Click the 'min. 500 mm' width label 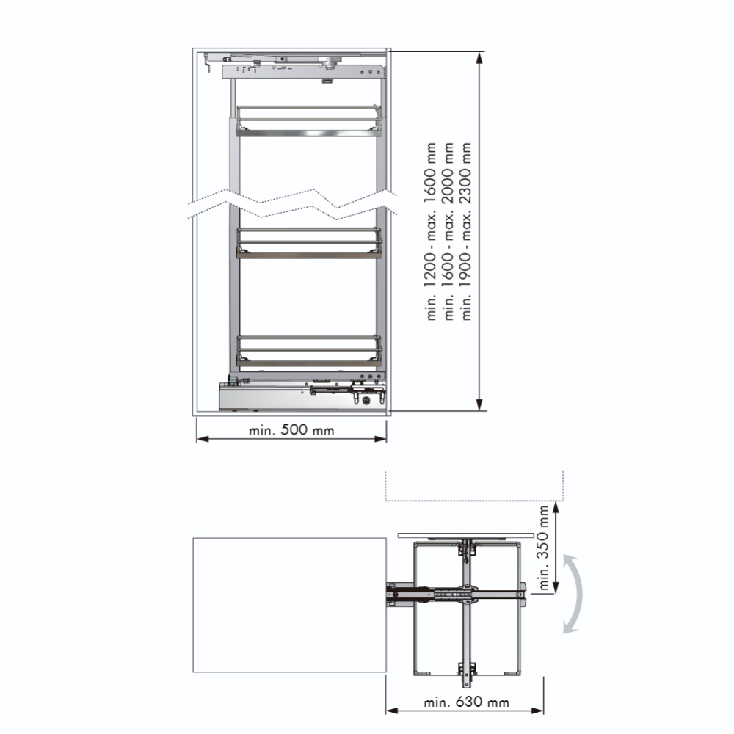(291, 429)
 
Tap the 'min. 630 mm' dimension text (466, 702)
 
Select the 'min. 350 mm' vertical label (543, 548)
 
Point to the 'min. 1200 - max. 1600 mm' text (430, 231)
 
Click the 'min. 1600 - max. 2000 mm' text (448, 231)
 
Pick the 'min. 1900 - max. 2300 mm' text (466, 231)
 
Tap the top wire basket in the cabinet (308, 121)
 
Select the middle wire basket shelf (308, 243)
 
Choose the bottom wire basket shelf (308, 351)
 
